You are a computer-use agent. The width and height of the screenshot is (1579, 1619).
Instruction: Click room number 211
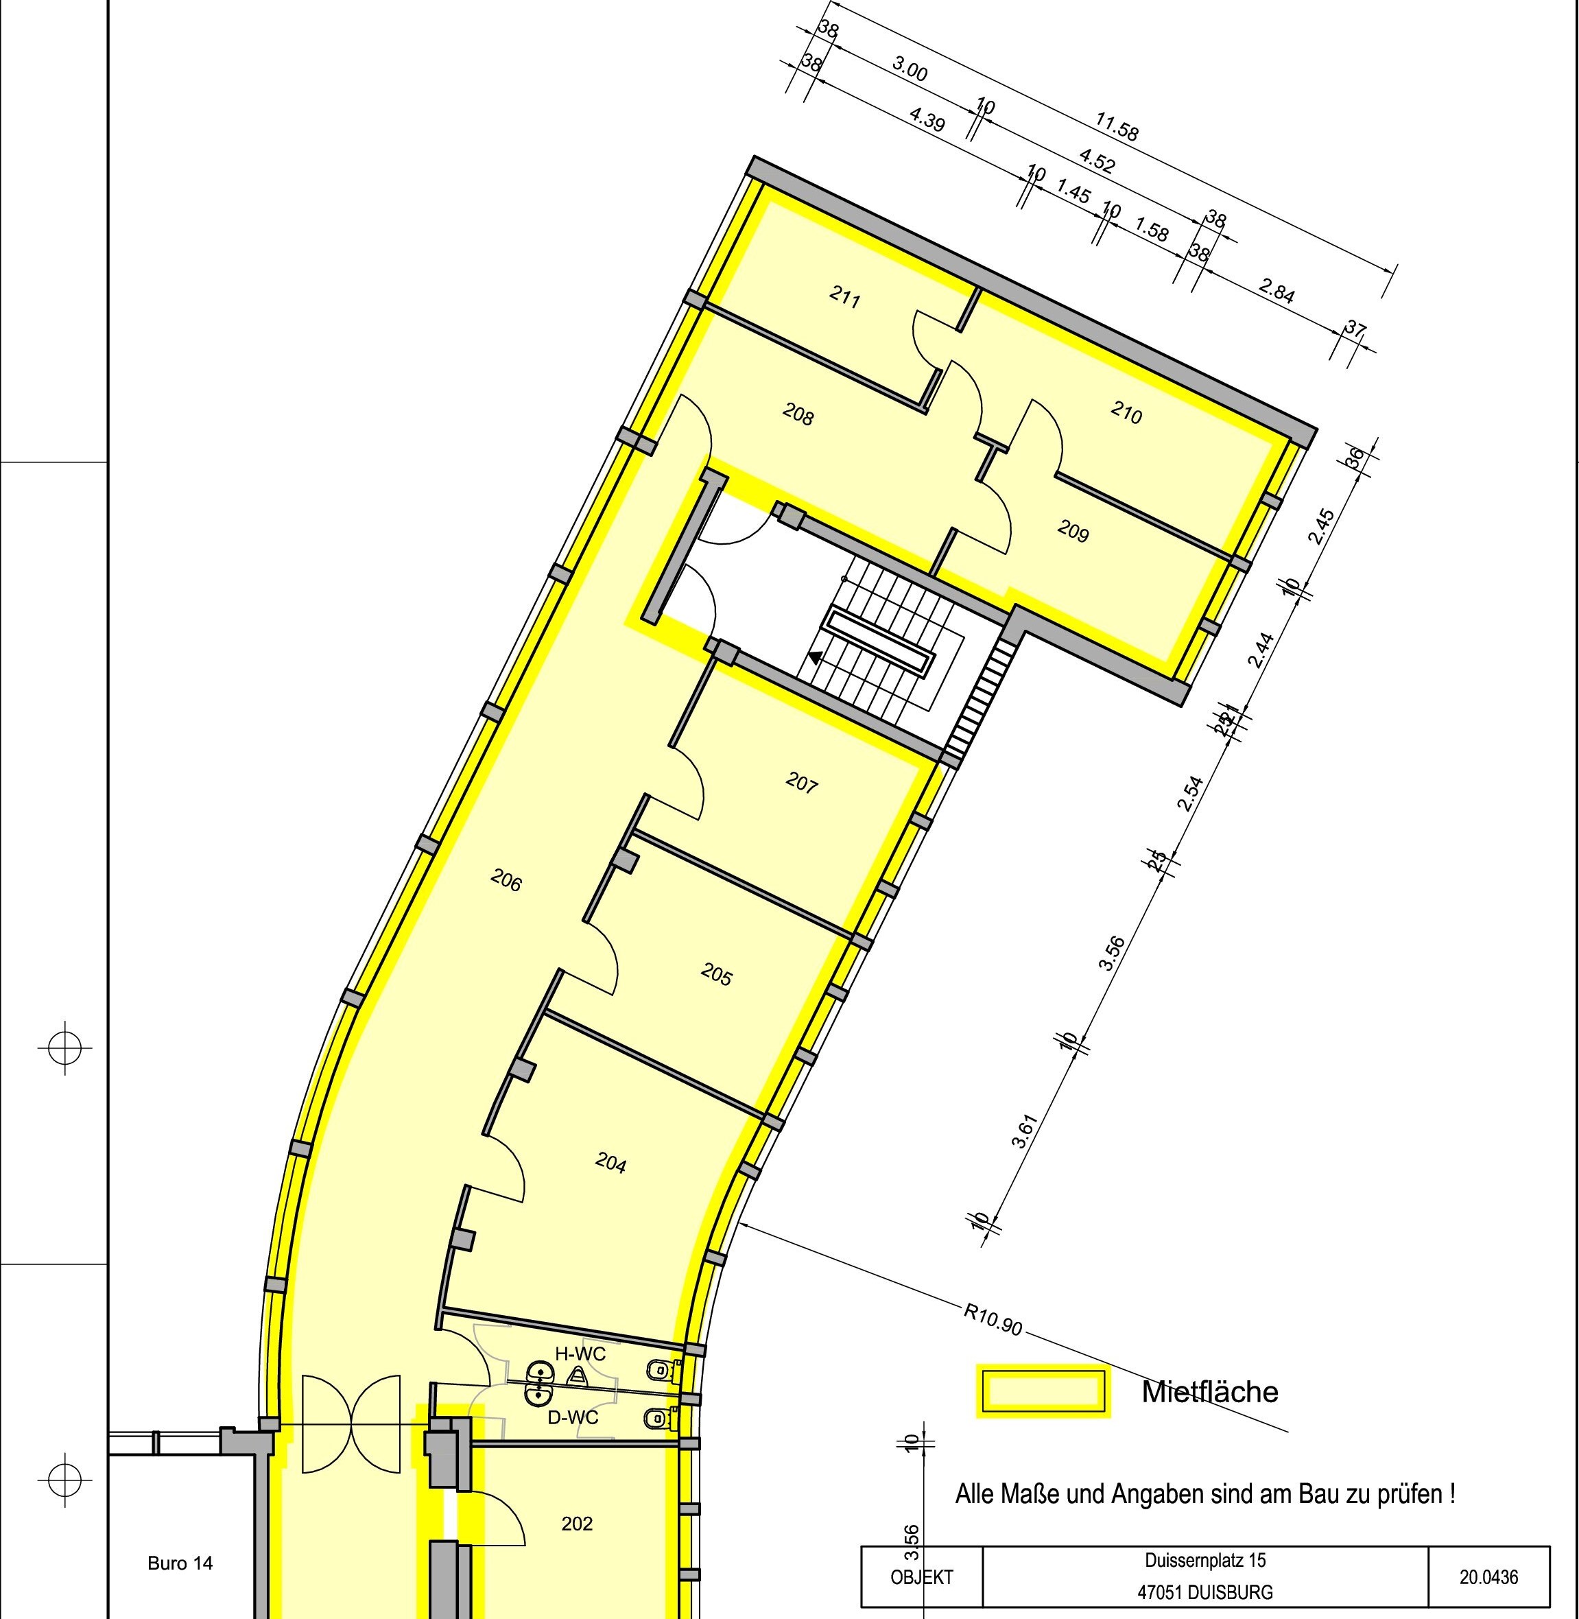click(x=844, y=296)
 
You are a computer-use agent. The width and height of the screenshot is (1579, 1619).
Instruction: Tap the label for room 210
click(x=1126, y=412)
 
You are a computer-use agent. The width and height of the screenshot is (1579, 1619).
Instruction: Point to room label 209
click(x=1072, y=531)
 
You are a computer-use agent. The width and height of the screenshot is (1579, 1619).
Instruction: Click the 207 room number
click(x=802, y=782)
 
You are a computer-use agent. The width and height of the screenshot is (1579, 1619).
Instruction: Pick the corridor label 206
click(x=506, y=880)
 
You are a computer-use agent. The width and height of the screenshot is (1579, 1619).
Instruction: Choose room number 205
click(x=717, y=973)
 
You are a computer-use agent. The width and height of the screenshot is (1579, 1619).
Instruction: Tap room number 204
click(x=610, y=1163)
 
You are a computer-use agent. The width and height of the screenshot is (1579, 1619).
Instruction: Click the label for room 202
click(x=576, y=1523)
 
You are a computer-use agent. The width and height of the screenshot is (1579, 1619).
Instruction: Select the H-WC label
click(x=580, y=1354)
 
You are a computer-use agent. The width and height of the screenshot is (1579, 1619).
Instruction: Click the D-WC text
click(x=572, y=1417)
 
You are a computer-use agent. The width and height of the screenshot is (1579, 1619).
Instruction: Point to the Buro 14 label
click(x=180, y=1563)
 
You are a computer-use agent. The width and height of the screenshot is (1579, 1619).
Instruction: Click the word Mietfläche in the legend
click(x=1209, y=1391)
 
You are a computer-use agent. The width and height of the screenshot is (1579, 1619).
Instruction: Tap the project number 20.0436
click(x=1488, y=1576)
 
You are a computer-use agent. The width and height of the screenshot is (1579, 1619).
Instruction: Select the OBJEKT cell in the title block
click(x=921, y=1576)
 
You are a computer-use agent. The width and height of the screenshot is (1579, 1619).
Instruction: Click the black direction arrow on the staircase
click(x=816, y=658)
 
